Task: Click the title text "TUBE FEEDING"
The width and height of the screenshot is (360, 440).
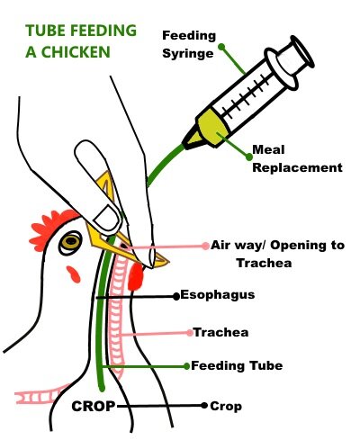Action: pyautogui.click(x=81, y=31)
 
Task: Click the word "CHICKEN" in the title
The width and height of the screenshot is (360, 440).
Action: pyautogui.click(x=76, y=52)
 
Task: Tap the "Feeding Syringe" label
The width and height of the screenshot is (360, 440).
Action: pyautogui.click(x=189, y=44)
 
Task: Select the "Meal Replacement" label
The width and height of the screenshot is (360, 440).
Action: pyautogui.click(x=297, y=158)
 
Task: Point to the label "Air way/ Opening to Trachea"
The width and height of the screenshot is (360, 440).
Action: pyautogui.click(x=277, y=254)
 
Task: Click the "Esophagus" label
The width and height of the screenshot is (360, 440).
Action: pyautogui.click(x=218, y=295)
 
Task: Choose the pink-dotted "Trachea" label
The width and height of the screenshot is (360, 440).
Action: pyautogui.click(x=220, y=332)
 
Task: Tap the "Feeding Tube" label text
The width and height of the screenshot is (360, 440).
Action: pyautogui.click(x=237, y=365)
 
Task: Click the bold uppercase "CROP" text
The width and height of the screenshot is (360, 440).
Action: pyautogui.click(x=94, y=407)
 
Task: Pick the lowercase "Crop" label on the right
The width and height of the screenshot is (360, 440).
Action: pyautogui.click(x=226, y=407)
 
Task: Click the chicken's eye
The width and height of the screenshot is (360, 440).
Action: pyautogui.click(x=71, y=241)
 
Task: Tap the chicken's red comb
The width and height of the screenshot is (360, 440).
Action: pyautogui.click(x=51, y=227)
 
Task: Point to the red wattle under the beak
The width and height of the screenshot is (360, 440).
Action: pyautogui.click(x=136, y=276)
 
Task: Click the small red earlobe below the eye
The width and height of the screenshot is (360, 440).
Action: pyautogui.click(x=74, y=274)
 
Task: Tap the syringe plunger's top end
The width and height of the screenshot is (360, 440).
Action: pyautogui.click(x=301, y=52)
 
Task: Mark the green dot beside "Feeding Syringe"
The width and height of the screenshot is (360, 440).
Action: pyautogui.click(x=221, y=47)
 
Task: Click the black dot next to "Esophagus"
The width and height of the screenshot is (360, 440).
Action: pyautogui.click(x=176, y=296)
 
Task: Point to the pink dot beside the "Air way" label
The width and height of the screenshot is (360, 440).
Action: pyautogui.click(x=205, y=247)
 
